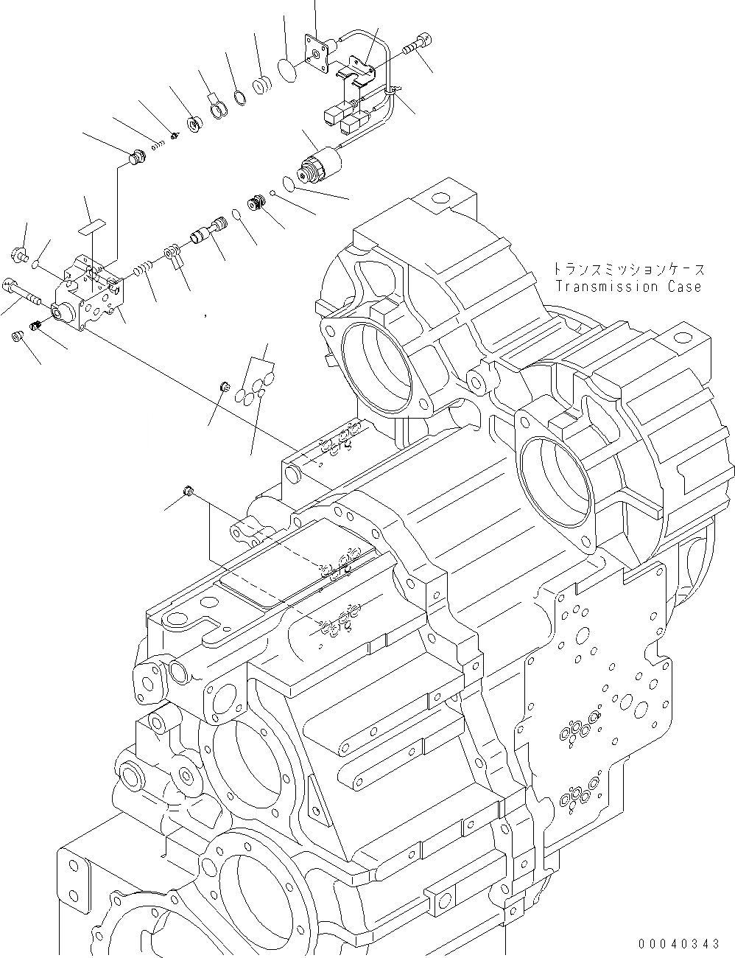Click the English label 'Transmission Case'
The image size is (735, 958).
(628, 287)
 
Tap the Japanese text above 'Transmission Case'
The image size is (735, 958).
(628, 270)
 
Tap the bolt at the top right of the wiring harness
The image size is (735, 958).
(418, 41)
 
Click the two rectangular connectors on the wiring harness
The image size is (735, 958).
(346, 117)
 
